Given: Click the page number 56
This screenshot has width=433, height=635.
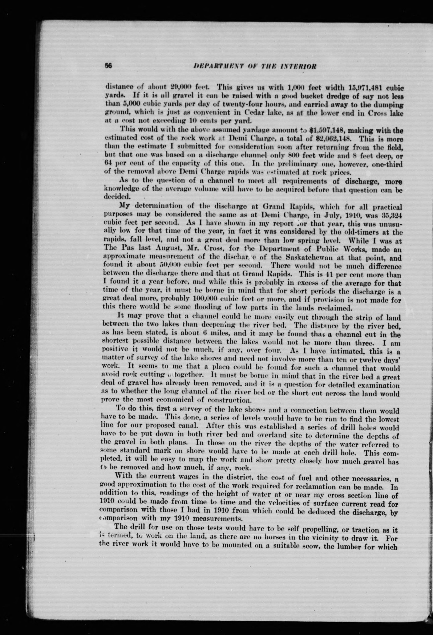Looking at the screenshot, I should click(109, 66).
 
